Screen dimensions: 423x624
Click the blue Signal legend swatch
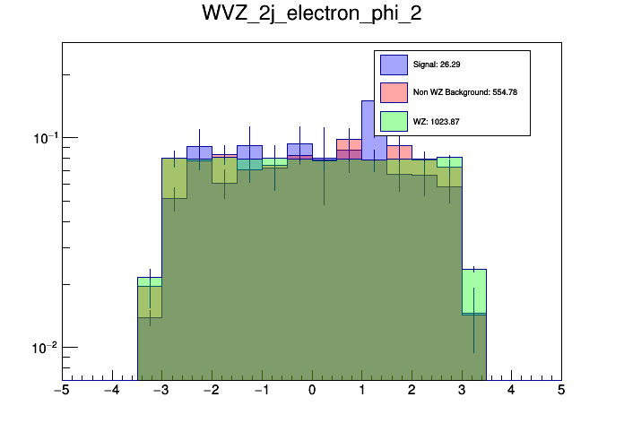point(394,65)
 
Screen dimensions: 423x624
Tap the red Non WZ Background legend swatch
point(394,92)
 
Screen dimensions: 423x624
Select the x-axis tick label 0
point(312,391)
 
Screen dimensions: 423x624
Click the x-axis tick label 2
point(412,391)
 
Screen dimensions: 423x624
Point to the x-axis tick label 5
point(561,391)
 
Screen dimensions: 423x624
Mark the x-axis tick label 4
point(511,391)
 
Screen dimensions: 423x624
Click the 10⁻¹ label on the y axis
point(41,138)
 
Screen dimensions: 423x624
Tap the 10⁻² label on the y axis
point(41,348)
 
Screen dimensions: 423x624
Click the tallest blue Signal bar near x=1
point(374,121)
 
